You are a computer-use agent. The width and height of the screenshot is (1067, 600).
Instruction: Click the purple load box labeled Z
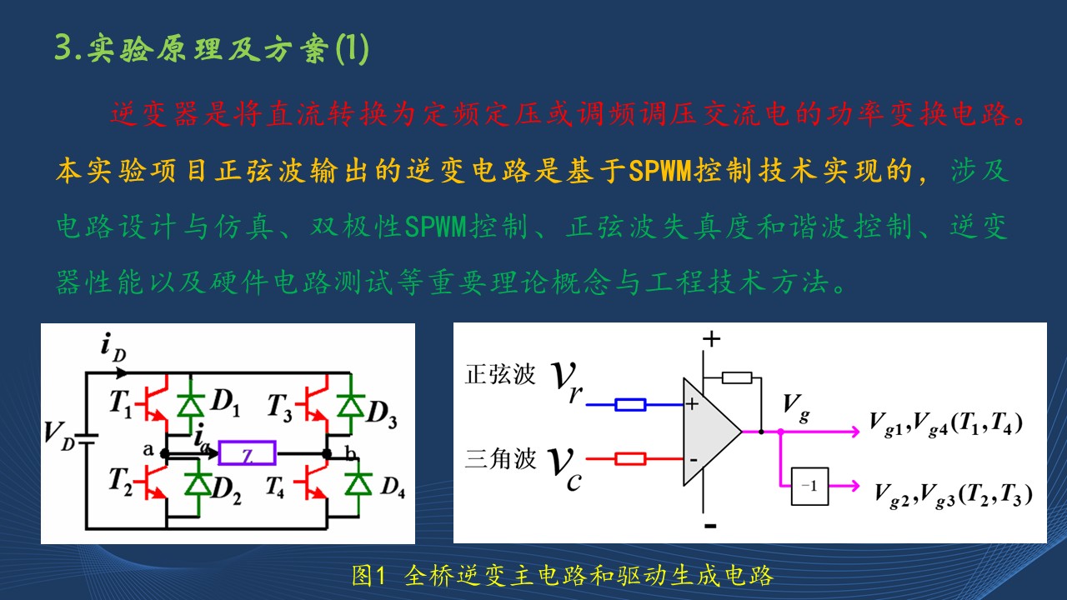247,452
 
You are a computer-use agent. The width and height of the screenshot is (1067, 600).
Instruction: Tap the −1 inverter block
809,486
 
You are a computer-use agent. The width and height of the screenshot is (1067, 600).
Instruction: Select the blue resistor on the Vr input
630,405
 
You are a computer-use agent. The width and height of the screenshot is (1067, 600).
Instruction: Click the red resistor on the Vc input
630,458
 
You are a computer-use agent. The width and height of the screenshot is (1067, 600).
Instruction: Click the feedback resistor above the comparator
737,378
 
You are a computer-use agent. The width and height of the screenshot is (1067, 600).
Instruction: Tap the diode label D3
381,414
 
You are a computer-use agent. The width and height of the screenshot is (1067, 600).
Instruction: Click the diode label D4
393,487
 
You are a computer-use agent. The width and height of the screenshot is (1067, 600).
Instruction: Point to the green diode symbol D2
198,484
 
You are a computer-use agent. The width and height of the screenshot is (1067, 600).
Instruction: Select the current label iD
113,347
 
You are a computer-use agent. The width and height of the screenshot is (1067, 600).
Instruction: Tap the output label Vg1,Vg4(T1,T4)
945,424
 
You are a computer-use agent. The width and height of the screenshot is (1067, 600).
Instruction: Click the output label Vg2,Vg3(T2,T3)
954,495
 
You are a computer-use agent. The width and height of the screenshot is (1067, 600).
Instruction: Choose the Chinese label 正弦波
500,374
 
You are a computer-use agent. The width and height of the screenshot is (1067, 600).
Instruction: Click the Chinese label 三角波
500,459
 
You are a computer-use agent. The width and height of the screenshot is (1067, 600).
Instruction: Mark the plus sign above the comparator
711,339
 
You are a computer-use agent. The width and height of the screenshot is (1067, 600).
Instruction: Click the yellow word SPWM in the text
659,170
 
